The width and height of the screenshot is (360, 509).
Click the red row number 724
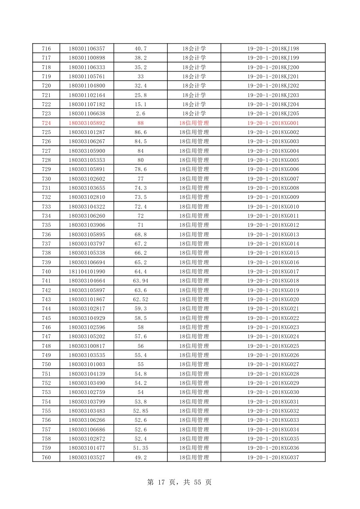pos(46,123)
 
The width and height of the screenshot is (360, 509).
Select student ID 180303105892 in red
pos(87,123)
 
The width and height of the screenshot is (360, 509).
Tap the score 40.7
pos(140,48)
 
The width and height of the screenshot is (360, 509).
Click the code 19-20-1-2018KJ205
pos(273,114)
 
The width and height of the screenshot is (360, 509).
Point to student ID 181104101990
pos(87,271)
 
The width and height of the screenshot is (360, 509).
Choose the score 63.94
pos(140,281)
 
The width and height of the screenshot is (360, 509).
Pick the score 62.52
pos(140,299)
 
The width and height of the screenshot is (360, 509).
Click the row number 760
pos(46,457)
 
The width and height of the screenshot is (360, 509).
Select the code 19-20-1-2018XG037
pos(273,457)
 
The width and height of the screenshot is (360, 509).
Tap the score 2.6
pos(140,114)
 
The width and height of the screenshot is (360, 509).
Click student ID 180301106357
pos(87,48)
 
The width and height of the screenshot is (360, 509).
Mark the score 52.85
pos(140,411)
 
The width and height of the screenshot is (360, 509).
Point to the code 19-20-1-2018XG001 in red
pos(273,123)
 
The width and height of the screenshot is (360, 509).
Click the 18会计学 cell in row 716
pos(194,48)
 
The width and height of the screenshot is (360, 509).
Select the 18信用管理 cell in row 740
pos(194,271)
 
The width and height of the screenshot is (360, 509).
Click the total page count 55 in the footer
pos(198,482)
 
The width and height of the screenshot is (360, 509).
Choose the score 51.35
pos(140,448)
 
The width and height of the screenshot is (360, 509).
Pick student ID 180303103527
pos(87,457)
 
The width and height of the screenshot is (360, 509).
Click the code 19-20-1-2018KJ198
pos(273,48)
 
